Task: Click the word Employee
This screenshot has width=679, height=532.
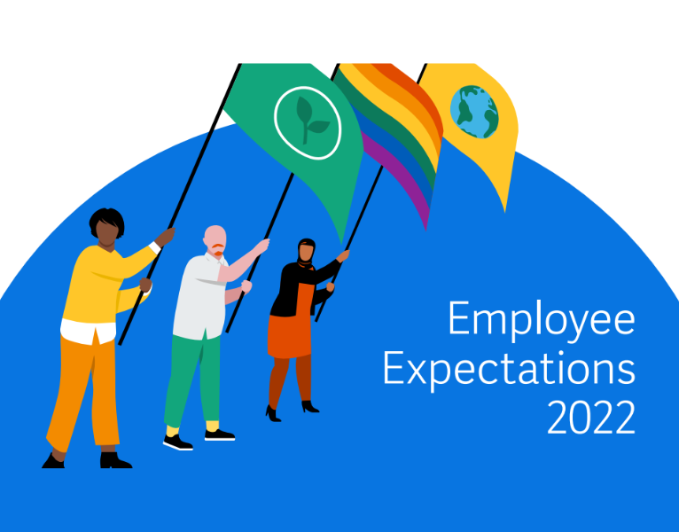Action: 541,320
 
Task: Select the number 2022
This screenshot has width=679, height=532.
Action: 591,418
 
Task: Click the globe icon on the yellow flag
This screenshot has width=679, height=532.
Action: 473,112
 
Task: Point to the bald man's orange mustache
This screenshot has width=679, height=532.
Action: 217,254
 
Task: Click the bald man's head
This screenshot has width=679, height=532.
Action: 215,239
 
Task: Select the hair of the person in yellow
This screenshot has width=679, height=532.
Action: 105,220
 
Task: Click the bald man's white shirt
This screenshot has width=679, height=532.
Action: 197,297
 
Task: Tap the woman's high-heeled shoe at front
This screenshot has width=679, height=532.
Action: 273,413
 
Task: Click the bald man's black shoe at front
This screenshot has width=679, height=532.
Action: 176,441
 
